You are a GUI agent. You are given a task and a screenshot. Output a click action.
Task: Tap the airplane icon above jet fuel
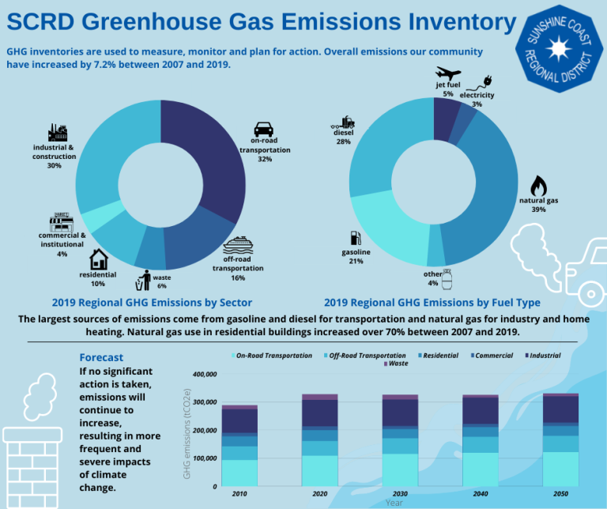pyautogui.click(x=448, y=73)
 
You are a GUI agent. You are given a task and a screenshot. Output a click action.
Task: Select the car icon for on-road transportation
pyautogui.click(x=264, y=129)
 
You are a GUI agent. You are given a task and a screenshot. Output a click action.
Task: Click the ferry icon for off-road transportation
pyautogui.click(x=238, y=245)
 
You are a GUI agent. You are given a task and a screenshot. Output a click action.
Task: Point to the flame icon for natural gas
pyautogui.click(x=538, y=186)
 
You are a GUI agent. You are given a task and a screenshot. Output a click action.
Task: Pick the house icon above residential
pyautogui.click(x=99, y=259)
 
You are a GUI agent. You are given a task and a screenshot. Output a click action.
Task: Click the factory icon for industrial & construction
pyautogui.click(x=58, y=133)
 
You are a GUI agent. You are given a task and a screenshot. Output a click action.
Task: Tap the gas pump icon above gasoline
pyautogui.click(x=356, y=238)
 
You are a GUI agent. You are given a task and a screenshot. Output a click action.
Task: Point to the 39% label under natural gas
pyautogui.click(x=538, y=209)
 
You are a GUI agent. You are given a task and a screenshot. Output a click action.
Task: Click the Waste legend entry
pyautogui.click(x=396, y=364)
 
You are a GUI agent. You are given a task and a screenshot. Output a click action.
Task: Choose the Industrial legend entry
pyautogui.click(x=543, y=356)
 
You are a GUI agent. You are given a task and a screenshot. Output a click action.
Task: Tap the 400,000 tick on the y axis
pyautogui.click(x=205, y=375)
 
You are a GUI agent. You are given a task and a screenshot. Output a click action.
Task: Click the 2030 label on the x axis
pyautogui.click(x=400, y=494)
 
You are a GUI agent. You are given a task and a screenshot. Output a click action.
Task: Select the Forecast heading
pyautogui.click(x=101, y=357)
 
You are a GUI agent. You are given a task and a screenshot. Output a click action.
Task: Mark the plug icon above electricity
pyautogui.click(x=483, y=83)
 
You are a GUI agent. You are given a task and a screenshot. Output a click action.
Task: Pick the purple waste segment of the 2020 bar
pyautogui.click(x=320, y=397)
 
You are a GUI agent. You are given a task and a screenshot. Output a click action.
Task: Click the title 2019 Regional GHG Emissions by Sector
pyautogui.click(x=152, y=302)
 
